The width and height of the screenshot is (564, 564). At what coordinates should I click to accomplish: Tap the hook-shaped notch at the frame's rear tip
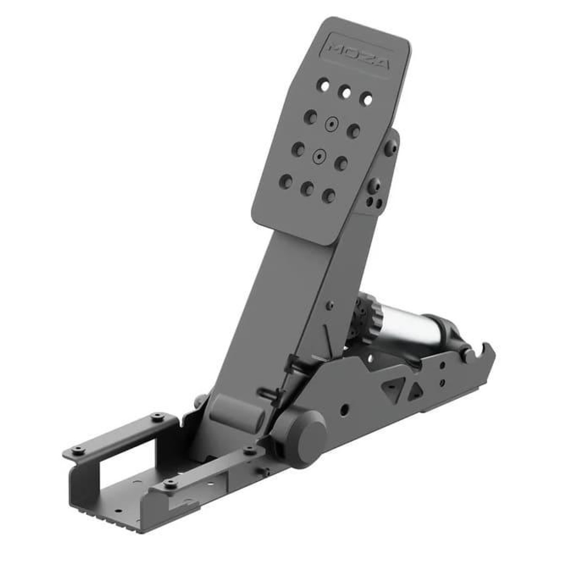pos(476,347)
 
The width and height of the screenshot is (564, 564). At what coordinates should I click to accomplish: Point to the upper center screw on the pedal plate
pos(331,124)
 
